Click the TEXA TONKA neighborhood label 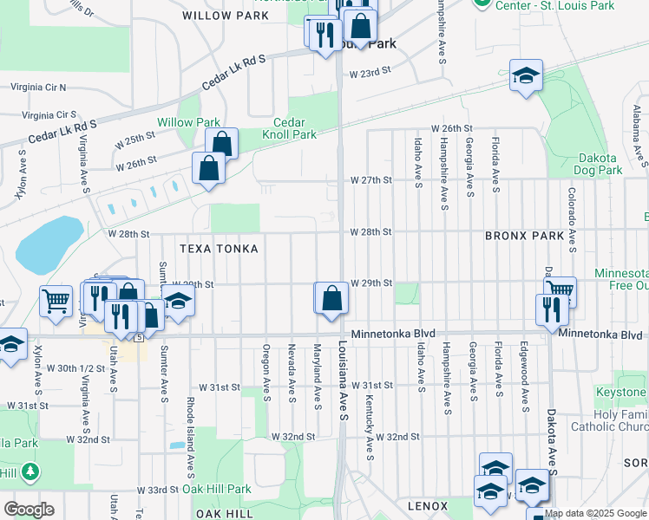(219, 249)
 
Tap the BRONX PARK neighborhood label (525, 236)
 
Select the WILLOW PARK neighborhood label (220, 16)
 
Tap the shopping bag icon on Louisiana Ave (331, 299)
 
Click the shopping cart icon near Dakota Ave (560, 291)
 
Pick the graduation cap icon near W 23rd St (526, 75)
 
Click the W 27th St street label (371, 180)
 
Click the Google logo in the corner (29, 510)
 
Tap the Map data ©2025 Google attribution (595, 513)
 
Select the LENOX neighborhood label (428, 506)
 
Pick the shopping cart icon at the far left (56, 301)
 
